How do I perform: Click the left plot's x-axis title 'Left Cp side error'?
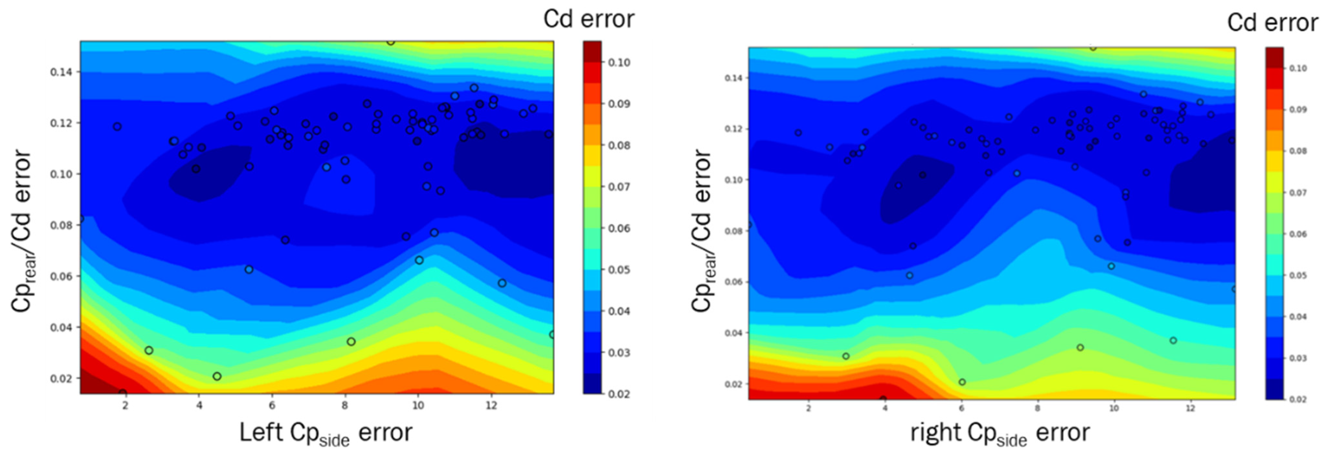[326, 433]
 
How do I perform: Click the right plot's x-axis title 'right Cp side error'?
[999, 433]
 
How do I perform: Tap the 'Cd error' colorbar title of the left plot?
[589, 20]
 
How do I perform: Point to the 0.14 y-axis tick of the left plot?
[61, 72]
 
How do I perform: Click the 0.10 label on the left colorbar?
[619, 63]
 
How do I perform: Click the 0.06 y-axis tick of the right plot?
[733, 282]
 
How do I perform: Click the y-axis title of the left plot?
[22, 230]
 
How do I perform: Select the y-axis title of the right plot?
[702, 230]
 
